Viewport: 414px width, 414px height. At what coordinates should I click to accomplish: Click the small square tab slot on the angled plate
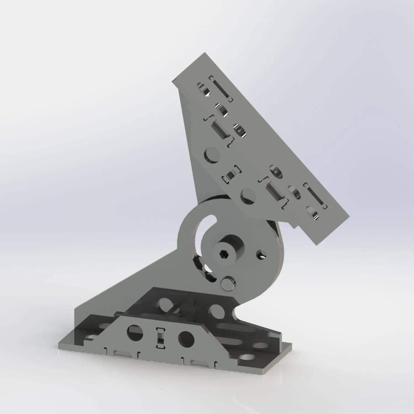[230, 175]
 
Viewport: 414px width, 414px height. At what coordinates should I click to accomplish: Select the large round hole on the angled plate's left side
[212, 155]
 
